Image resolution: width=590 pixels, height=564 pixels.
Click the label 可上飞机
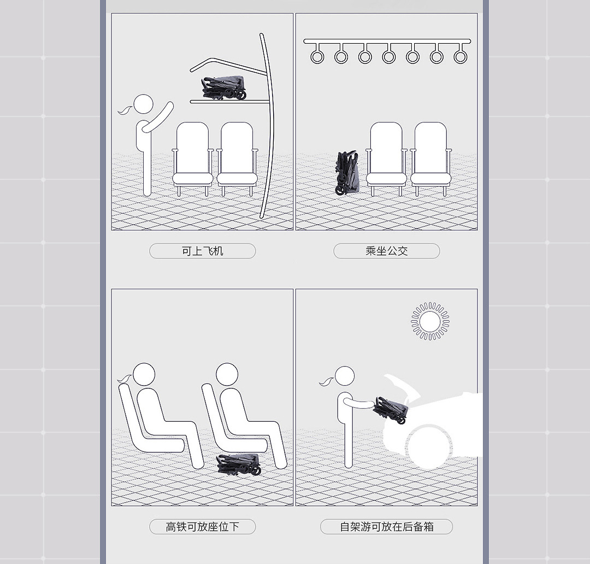pos(203,251)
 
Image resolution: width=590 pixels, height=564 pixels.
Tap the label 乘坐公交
pos(386,251)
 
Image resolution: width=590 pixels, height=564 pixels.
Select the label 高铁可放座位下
pos(203,527)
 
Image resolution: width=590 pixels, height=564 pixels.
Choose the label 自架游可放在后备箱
pos(386,527)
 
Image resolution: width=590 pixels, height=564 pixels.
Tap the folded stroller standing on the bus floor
pos(347,173)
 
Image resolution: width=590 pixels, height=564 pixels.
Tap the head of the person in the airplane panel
pos(143,104)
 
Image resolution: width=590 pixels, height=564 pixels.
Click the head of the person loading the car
pos(345,376)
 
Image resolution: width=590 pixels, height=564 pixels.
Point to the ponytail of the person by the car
pos(327,381)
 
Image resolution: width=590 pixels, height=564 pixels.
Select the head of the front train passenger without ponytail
pos(227,374)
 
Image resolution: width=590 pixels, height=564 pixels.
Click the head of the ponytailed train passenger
pos(144,374)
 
